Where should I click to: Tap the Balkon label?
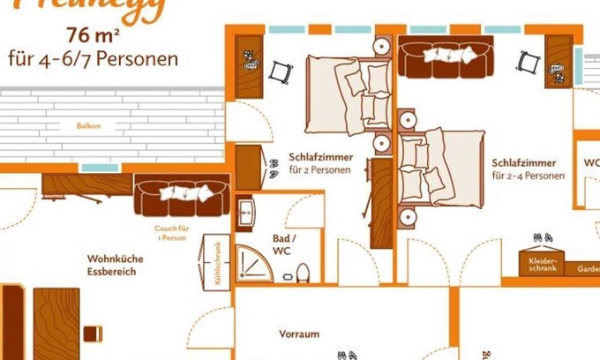[x=88, y=126]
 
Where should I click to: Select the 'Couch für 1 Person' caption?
[x=170, y=232]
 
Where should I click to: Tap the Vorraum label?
[x=298, y=334]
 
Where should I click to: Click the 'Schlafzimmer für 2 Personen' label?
[x=321, y=162]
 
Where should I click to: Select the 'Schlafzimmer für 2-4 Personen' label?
[x=528, y=169]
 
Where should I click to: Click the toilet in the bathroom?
[x=303, y=271]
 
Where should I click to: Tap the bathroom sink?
[x=247, y=213]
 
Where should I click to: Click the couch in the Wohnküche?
[x=182, y=195]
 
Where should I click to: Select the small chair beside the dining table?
[x=91, y=333]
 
